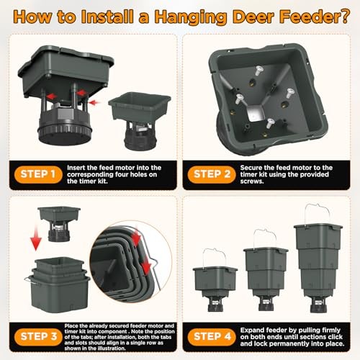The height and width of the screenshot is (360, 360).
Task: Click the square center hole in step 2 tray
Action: pos(254,111)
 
